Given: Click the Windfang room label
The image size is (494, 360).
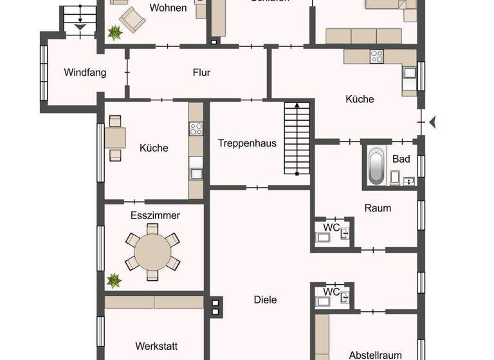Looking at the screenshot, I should (85, 73).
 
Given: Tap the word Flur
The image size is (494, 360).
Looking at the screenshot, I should (201, 73).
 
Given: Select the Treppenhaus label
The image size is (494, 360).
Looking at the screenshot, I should (247, 143).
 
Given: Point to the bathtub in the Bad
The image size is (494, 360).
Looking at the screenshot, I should (376, 166).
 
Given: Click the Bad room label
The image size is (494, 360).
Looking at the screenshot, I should (401, 158).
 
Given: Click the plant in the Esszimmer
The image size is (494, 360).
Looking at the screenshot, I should (114, 280).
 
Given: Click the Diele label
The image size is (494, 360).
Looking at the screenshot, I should (265, 300).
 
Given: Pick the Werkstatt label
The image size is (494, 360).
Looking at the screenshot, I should (156, 346).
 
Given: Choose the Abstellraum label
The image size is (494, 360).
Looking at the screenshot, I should (375, 355).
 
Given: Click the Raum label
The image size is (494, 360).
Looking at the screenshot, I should (378, 208).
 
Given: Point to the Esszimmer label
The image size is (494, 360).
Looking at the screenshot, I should (155, 215).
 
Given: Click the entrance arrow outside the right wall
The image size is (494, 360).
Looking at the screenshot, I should (433, 121).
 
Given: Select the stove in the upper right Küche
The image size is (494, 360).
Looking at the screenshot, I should (377, 57).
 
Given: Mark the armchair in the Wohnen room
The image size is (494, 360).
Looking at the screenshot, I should (133, 19).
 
